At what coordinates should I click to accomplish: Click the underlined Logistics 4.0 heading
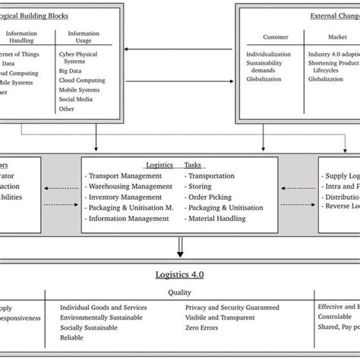(x=179, y=275)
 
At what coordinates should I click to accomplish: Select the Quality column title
(x=179, y=291)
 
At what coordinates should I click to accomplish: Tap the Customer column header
(x=275, y=36)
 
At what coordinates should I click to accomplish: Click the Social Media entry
(x=76, y=99)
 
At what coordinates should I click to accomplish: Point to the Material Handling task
(x=215, y=219)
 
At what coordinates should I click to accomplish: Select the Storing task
(x=201, y=185)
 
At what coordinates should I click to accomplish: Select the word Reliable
(x=73, y=337)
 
